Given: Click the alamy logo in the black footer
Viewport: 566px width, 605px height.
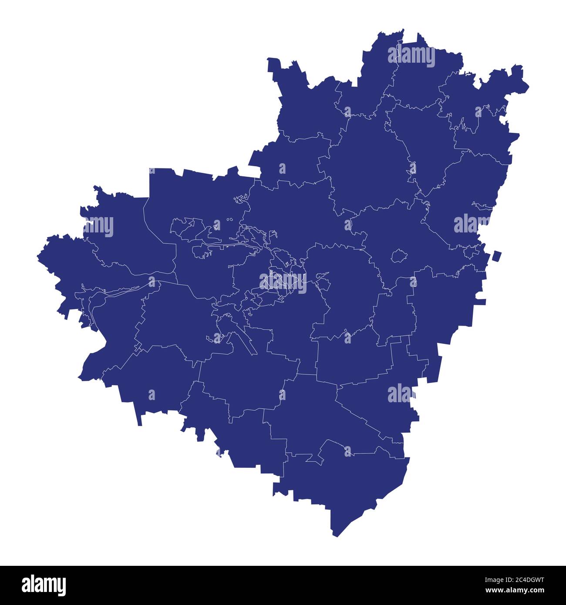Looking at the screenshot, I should (x=44, y=585).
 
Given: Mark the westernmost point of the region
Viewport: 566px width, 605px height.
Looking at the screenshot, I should (x=37, y=257).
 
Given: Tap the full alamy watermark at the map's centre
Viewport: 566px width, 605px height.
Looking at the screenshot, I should (x=283, y=281).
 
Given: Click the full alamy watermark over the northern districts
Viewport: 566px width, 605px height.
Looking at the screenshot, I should (x=411, y=56).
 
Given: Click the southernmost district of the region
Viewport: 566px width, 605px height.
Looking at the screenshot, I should (x=348, y=483).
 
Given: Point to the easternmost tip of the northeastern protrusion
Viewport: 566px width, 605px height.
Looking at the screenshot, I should (x=529, y=85).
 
